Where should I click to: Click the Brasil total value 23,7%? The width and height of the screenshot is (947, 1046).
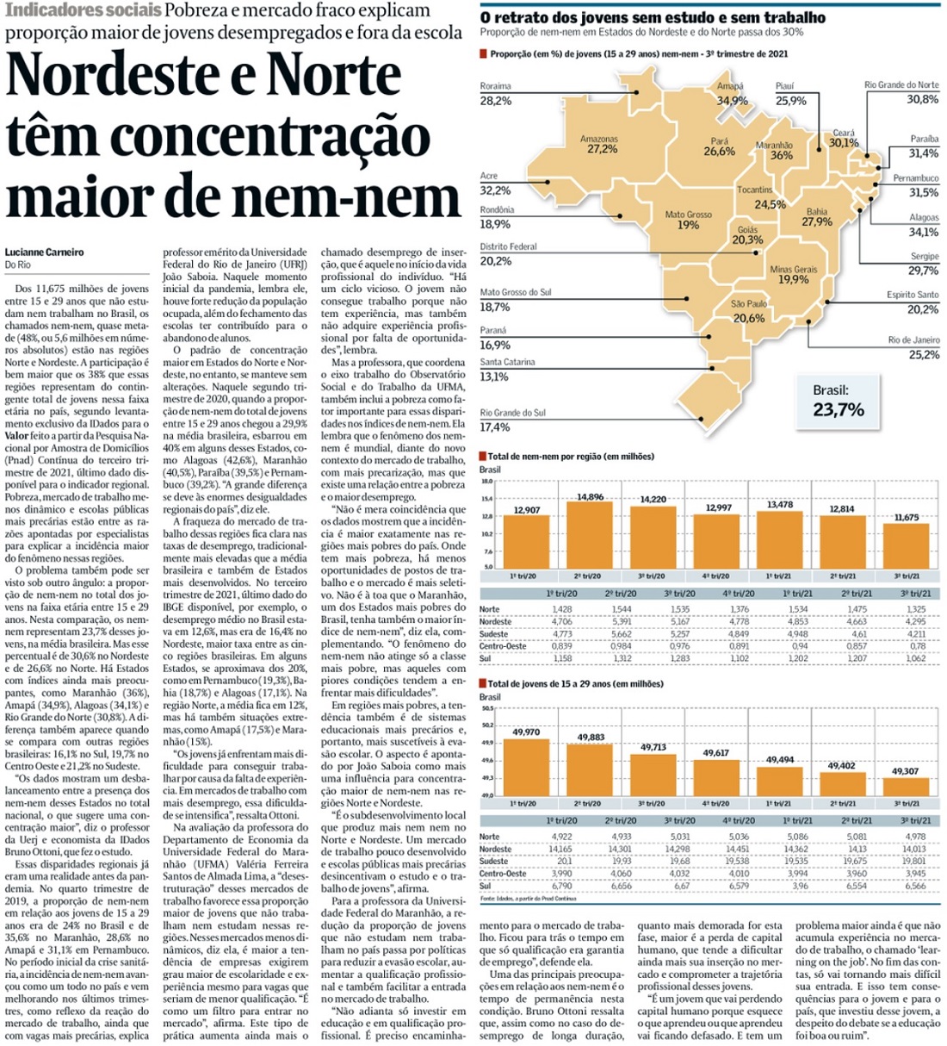pos(838,409)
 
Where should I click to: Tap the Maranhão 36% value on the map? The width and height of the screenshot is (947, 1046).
pos(781,156)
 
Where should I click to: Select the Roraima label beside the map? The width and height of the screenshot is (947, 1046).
pos(495,86)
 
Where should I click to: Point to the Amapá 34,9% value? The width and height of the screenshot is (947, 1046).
pos(733,101)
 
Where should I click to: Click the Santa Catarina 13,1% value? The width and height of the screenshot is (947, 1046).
pos(494,377)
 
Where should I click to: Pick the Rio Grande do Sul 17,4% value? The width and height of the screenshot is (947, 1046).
pos(495,427)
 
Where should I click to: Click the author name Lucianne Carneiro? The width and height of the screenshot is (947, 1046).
pos(44,252)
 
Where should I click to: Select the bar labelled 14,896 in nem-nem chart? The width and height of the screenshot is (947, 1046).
pos(590,534)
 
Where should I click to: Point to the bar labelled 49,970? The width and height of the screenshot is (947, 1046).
pos(526,767)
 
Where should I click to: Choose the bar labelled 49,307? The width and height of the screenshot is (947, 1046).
pos(906,786)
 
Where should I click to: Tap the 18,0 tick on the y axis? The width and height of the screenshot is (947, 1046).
pos(486,482)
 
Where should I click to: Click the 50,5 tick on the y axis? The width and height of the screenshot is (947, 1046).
pos(487,709)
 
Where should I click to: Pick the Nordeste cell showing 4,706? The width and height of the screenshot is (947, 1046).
pos(561,621)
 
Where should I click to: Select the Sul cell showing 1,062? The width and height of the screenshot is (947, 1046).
pos(915,658)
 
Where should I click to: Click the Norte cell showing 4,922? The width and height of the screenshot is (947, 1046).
pos(561,837)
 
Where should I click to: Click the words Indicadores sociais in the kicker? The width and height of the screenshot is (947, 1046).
pos(83,11)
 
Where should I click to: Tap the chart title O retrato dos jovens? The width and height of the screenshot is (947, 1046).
pos(652,17)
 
